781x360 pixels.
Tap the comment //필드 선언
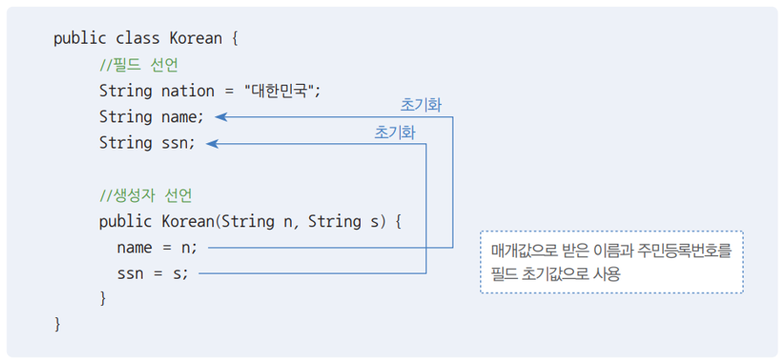tap(140, 65)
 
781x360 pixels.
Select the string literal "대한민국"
tap(281, 91)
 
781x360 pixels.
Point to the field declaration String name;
tap(151, 116)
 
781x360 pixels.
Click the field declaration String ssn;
tap(147, 142)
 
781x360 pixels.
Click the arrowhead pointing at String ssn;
tap(211, 142)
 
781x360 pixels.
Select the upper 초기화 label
tap(421, 105)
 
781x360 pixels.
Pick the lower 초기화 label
tap(395, 132)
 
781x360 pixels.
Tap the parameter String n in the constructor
tap(259, 221)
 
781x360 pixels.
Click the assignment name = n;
tap(157, 247)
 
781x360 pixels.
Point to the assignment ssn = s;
tap(152, 273)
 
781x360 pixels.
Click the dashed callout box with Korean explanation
tap(611, 261)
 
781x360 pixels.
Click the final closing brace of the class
tap(58, 324)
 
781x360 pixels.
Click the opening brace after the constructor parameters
tap(397, 221)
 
